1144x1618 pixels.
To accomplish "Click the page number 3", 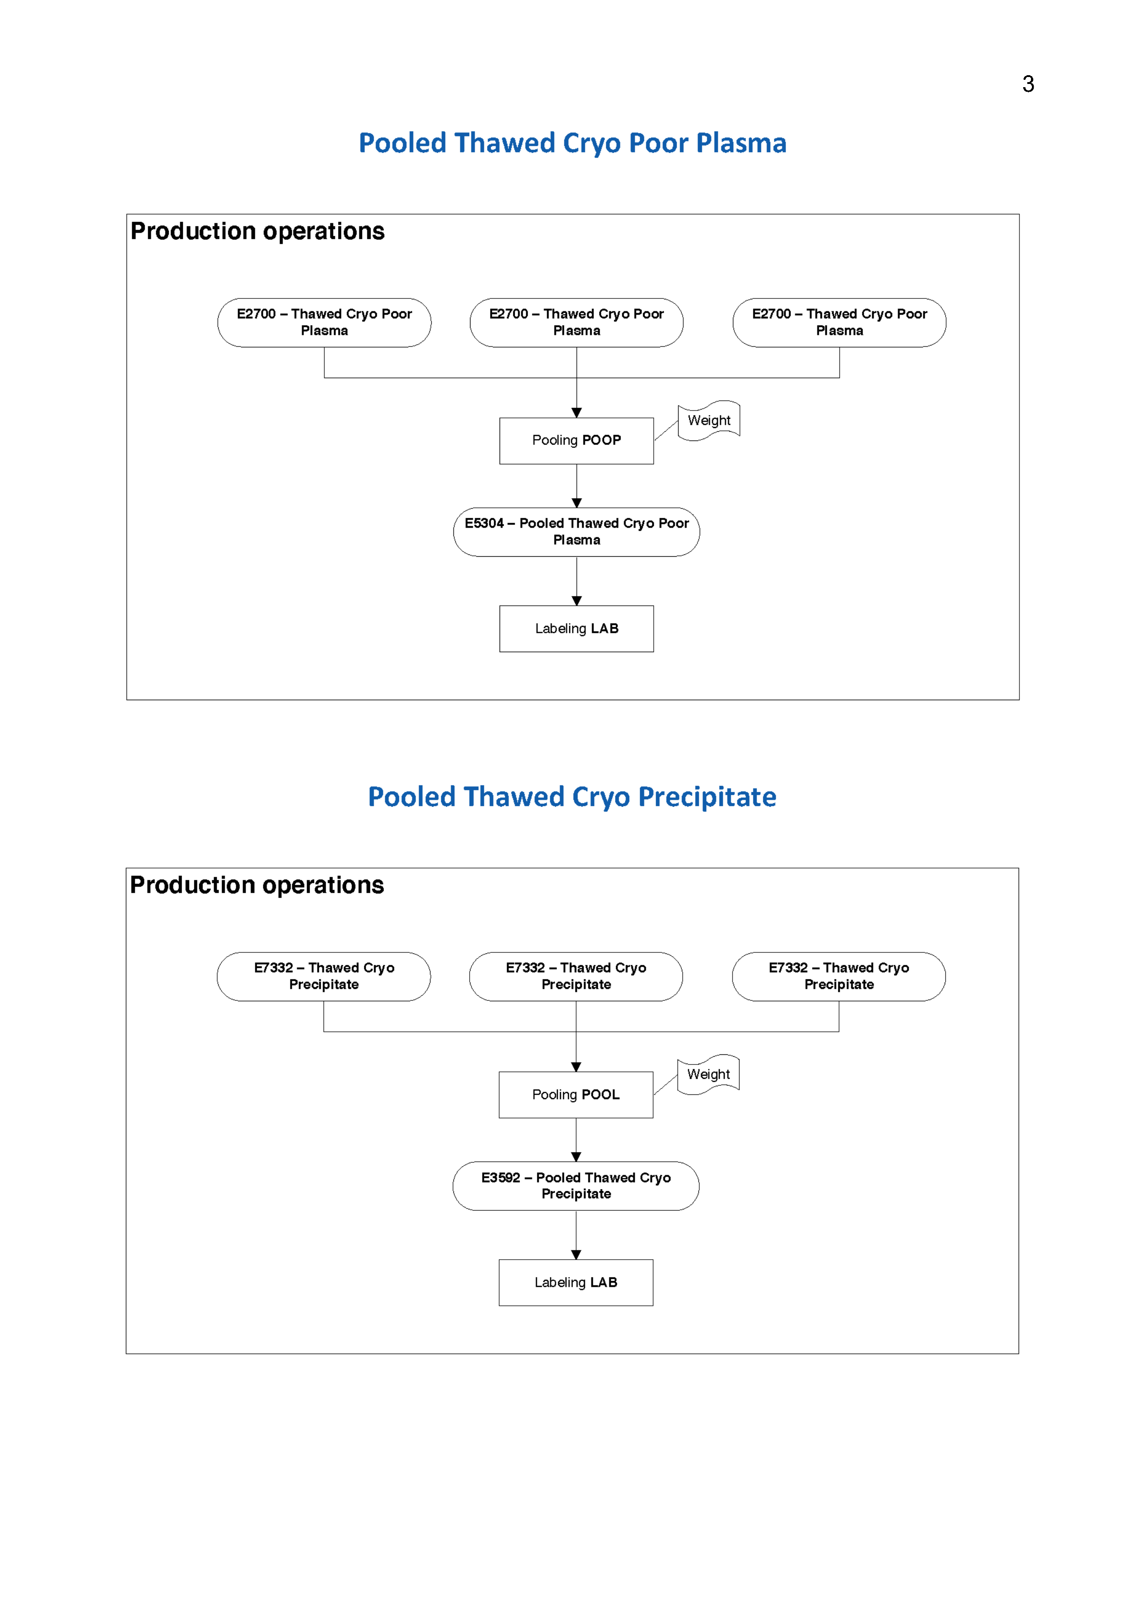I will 1028,84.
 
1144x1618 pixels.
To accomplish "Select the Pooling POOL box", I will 575,1095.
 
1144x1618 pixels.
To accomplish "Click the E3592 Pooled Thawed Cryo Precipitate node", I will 575,1185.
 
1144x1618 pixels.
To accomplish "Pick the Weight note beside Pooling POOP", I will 709,421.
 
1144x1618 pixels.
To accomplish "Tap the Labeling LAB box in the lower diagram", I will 575,1283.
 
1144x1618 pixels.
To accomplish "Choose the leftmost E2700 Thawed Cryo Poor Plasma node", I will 324,322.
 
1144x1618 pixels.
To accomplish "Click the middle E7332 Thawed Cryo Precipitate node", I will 575,976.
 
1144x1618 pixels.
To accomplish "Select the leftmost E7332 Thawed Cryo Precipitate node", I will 323,976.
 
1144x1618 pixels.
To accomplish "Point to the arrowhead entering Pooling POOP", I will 577,413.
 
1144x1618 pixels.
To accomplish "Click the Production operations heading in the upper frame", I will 257,231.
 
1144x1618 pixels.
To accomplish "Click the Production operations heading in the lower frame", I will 256,885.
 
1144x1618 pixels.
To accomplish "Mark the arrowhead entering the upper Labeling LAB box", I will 577,601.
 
